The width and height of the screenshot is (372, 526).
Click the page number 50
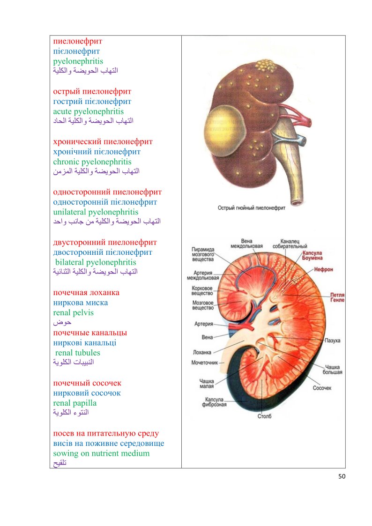(x=342, y=476)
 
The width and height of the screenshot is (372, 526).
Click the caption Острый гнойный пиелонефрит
(x=252, y=207)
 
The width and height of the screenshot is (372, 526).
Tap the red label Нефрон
(x=323, y=270)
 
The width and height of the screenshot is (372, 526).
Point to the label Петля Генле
(x=337, y=297)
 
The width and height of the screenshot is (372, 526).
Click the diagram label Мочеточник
(x=205, y=363)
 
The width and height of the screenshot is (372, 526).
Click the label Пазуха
(x=333, y=340)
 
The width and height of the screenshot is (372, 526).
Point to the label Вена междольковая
(x=246, y=244)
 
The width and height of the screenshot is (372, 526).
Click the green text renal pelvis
(x=74, y=312)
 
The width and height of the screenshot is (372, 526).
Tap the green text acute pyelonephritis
(x=89, y=111)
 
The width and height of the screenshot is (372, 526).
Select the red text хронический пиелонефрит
(x=103, y=141)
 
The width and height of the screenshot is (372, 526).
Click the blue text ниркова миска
(x=81, y=303)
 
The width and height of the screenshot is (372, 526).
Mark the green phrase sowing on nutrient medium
(x=102, y=453)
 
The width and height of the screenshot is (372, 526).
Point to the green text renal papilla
(x=75, y=403)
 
